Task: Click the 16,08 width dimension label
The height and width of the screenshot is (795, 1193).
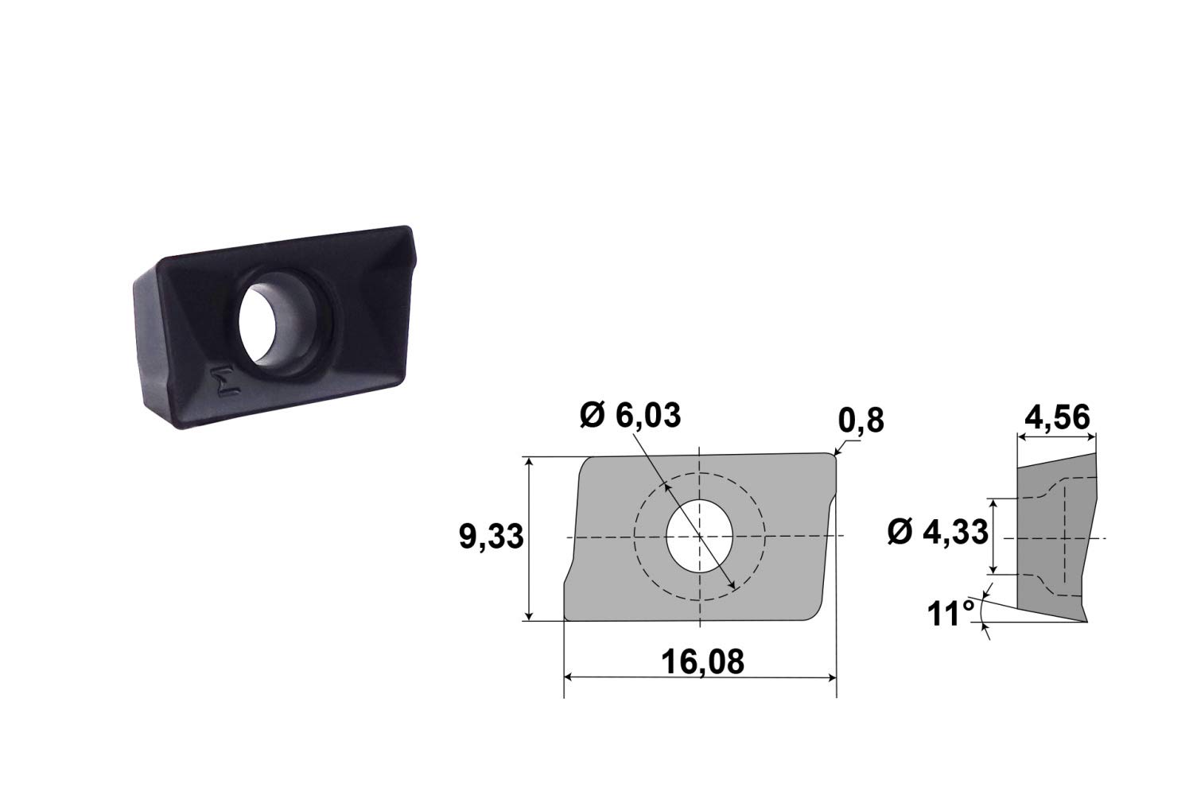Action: [x=702, y=662]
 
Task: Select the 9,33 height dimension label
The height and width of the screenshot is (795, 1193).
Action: [x=492, y=536]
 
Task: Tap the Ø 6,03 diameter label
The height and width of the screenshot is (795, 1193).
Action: [x=631, y=415]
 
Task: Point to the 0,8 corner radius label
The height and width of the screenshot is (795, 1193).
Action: [x=861, y=421]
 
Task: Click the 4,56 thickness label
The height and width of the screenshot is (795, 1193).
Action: [x=1057, y=417]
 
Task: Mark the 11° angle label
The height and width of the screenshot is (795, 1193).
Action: [x=950, y=614]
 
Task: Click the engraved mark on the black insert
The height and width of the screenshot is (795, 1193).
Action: [x=225, y=382]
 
